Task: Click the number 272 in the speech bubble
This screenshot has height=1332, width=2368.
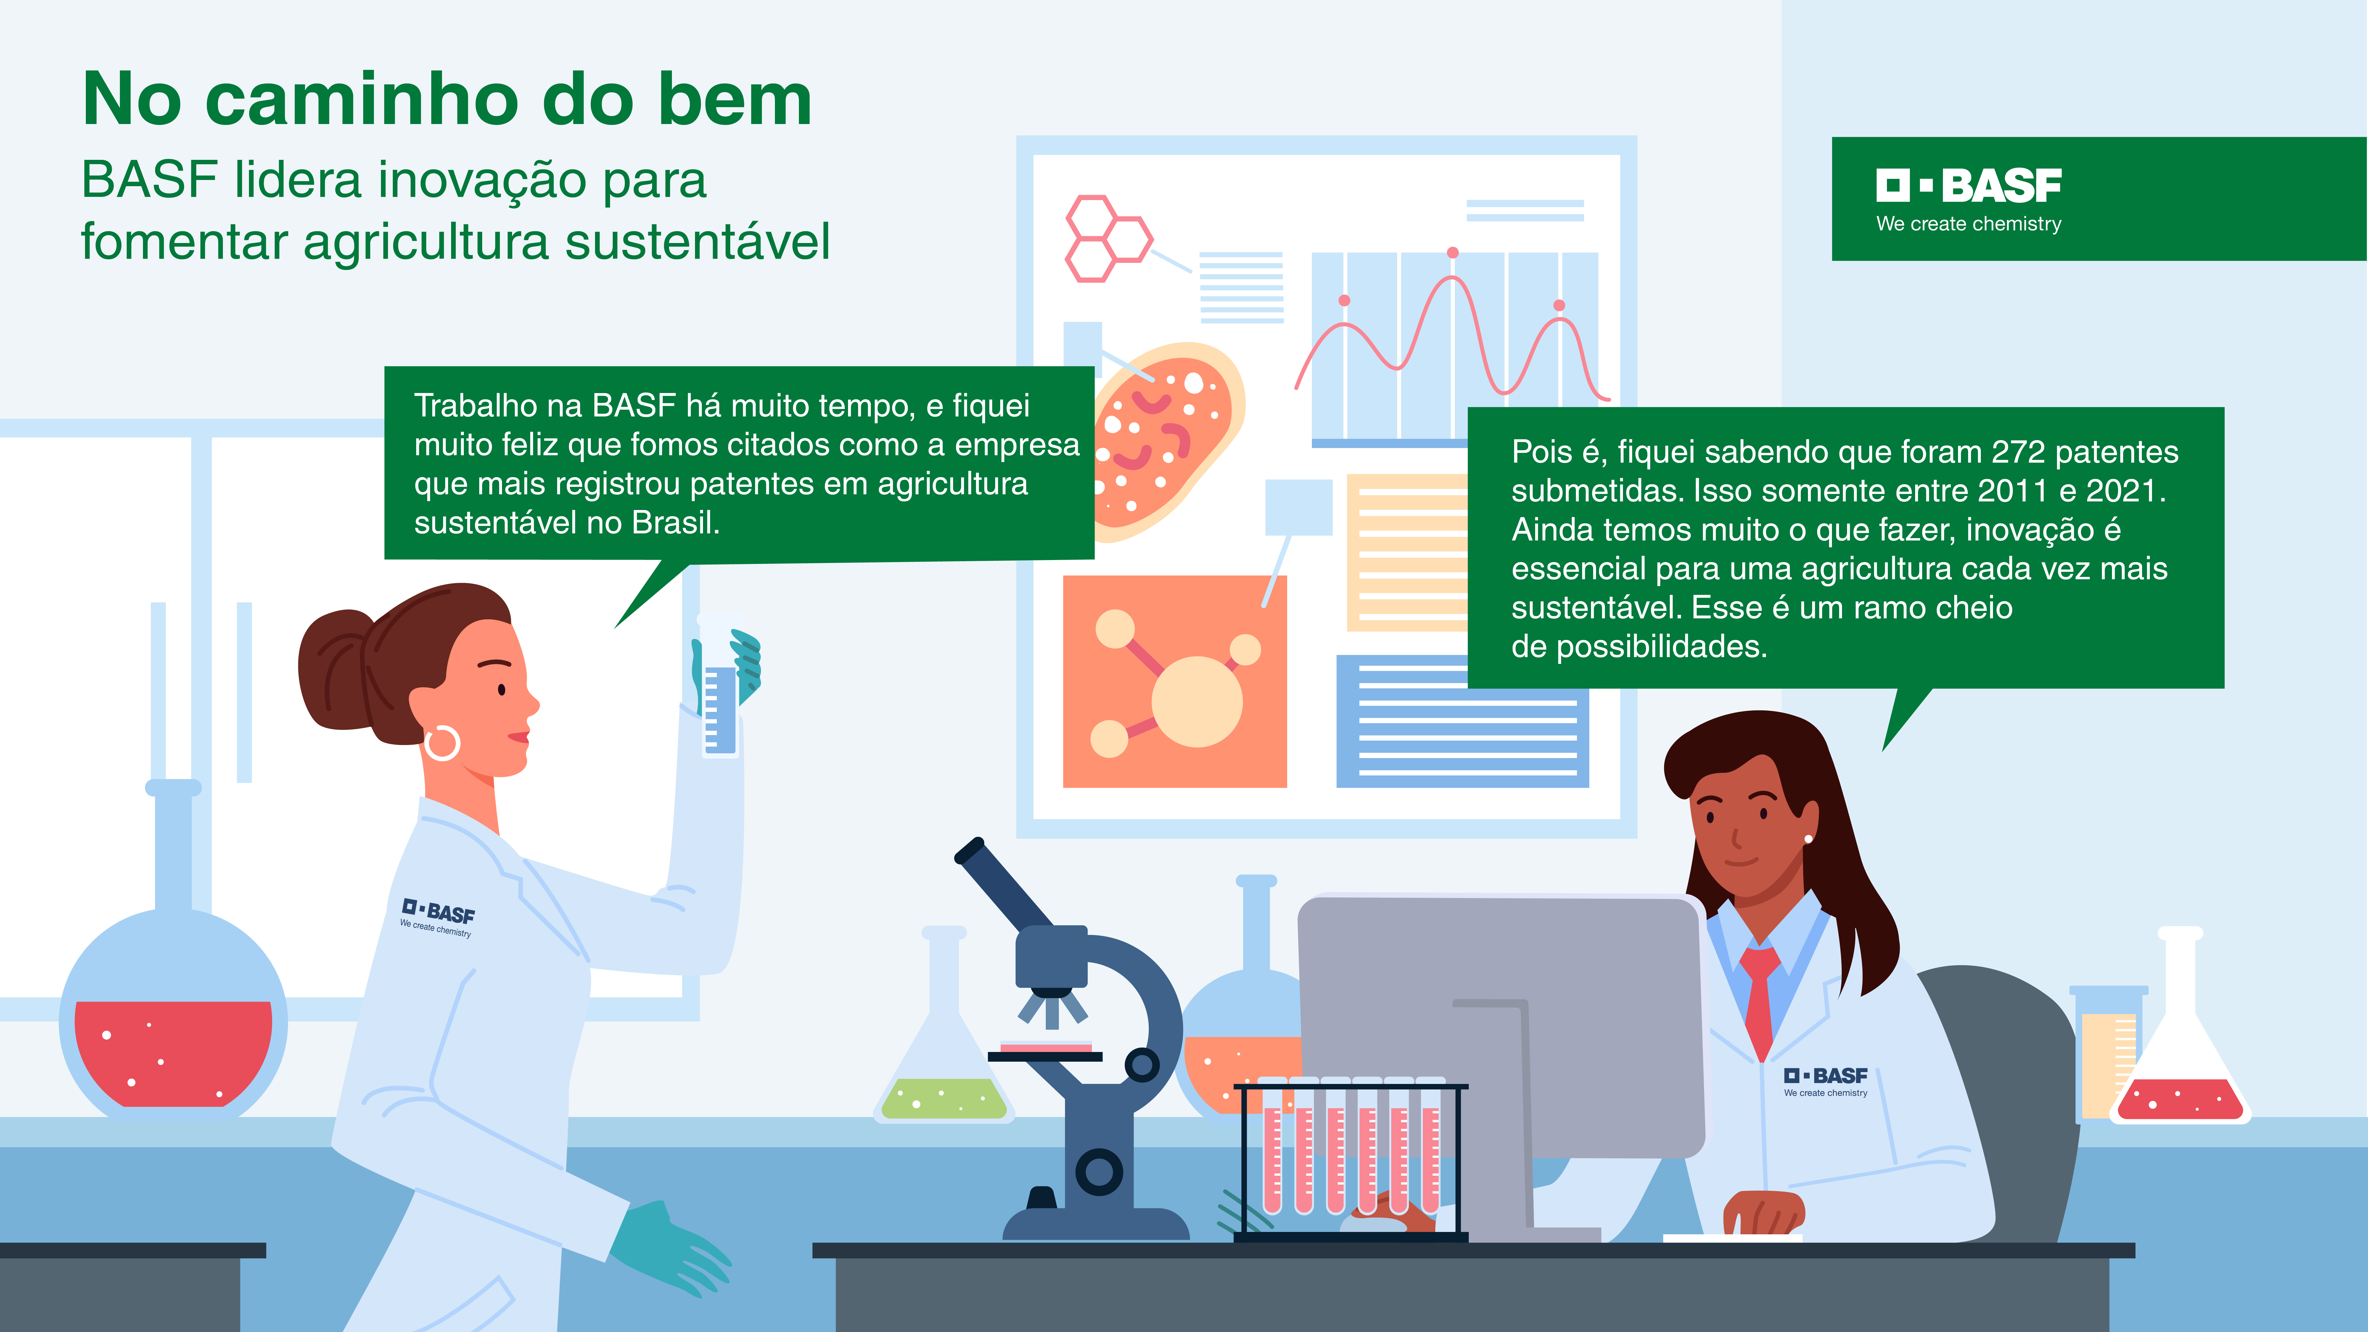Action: (x=2019, y=452)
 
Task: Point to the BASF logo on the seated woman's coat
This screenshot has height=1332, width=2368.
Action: (x=1826, y=1081)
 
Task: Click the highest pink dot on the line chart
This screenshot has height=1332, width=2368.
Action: (x=1452, y=253)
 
